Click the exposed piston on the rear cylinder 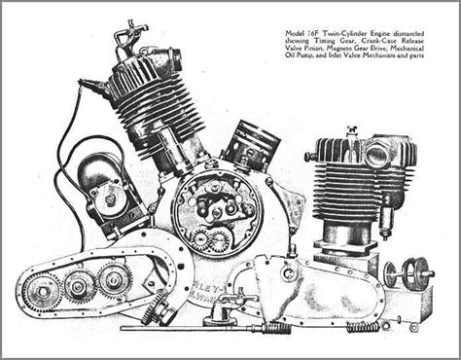click(251, 146)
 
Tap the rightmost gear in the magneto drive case click(114, 278)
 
